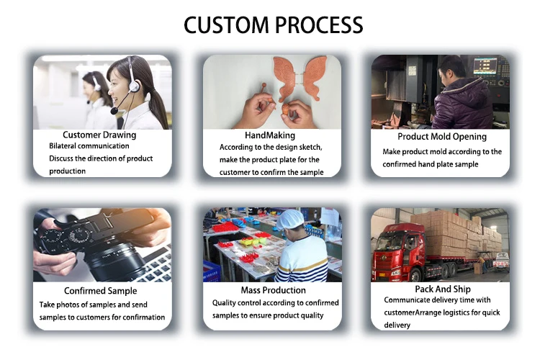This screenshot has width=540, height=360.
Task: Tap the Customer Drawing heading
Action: [x=99, y=135]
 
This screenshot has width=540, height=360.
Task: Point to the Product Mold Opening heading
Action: [x=442, y=136]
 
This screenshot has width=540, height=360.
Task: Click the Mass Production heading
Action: [x=269, y=289]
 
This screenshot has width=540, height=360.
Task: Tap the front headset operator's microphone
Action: [x=114, y=112]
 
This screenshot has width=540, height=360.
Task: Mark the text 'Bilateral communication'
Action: [x=89, y=146]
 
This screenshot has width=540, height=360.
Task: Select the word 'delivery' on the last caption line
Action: [x=397, y=325]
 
